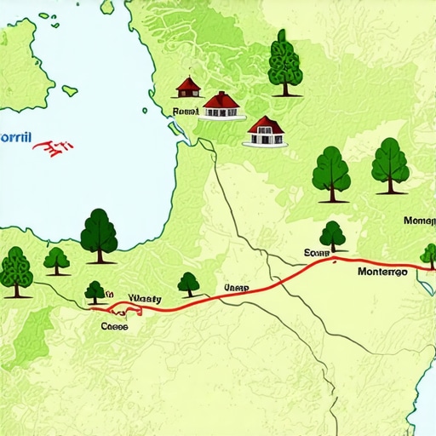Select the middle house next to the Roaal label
222,106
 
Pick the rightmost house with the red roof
266,130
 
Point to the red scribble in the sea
53,148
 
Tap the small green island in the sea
70,89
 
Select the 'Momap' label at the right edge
419,221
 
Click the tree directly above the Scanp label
332,235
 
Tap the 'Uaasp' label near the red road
235,289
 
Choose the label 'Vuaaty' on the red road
144,299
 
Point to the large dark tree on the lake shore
99,235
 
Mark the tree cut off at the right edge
428,255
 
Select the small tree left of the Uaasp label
188,284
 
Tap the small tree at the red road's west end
95,292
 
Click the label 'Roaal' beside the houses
185,111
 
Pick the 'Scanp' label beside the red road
316,253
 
